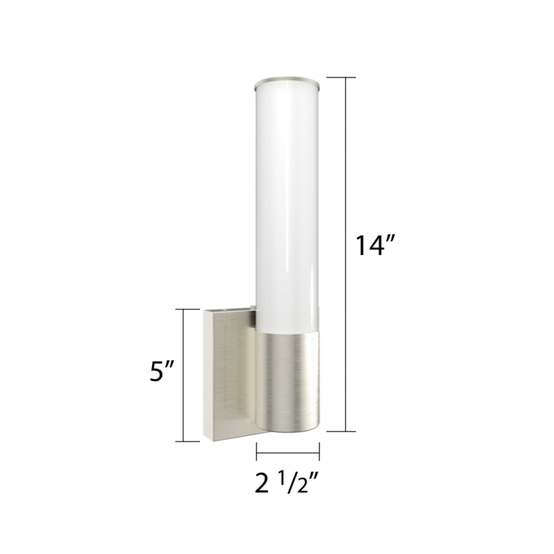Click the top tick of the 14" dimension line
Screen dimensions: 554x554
point(341,78)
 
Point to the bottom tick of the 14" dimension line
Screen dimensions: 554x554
point(341,439)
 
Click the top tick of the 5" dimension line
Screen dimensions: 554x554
point(187,309)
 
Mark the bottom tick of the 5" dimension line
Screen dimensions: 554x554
point(187,449)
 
